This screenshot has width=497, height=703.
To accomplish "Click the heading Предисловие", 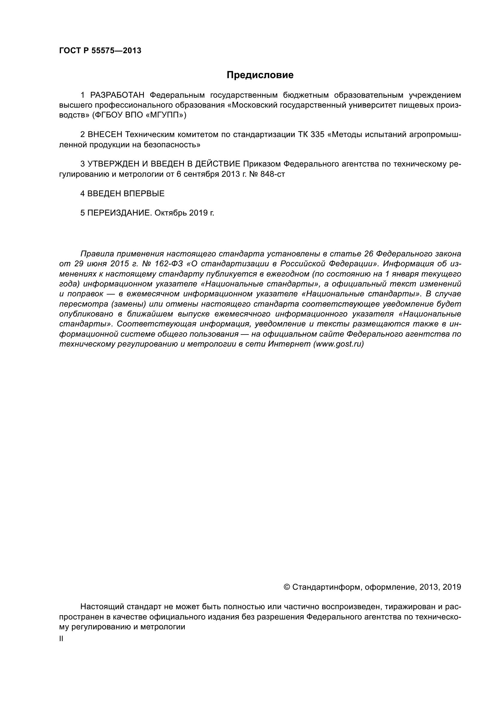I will [260, 75].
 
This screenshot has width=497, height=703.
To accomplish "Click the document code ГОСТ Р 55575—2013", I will [100, 51].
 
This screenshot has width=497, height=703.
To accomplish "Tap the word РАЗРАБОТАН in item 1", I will [117, 95].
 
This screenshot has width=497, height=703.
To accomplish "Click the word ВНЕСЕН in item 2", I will [105, 134].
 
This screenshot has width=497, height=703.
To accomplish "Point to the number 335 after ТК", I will [317, 134].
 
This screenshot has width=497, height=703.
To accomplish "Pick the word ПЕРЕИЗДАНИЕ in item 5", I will [119, 213].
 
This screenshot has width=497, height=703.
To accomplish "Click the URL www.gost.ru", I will [338, 344].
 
